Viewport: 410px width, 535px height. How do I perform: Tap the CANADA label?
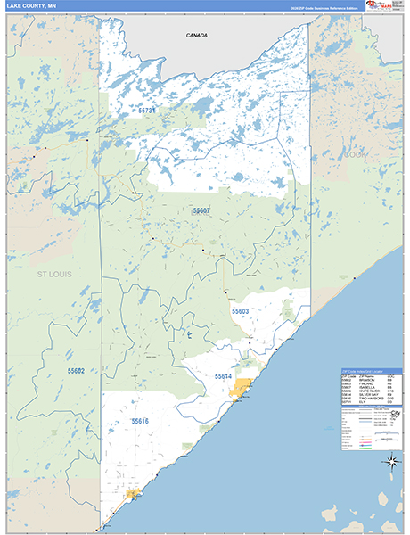(x=196, y=35)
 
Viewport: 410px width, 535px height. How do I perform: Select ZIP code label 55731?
(x=147, y=111)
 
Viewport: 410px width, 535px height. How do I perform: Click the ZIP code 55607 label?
(x=201, y=210)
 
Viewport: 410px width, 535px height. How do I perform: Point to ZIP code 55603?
(x=240, y=311)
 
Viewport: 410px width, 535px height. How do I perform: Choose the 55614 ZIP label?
(x=223, y=376)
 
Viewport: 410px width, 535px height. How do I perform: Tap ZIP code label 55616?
(x=140, y=420)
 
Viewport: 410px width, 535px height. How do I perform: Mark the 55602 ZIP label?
(x=76, y=369)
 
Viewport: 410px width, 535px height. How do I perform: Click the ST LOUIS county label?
(x=53, y=276)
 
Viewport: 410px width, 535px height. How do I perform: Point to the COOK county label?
(x=357, y=154)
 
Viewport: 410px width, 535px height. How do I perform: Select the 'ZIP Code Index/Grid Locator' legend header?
(x=371, y=373)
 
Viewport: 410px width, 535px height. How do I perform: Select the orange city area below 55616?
(x=134, y=492)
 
